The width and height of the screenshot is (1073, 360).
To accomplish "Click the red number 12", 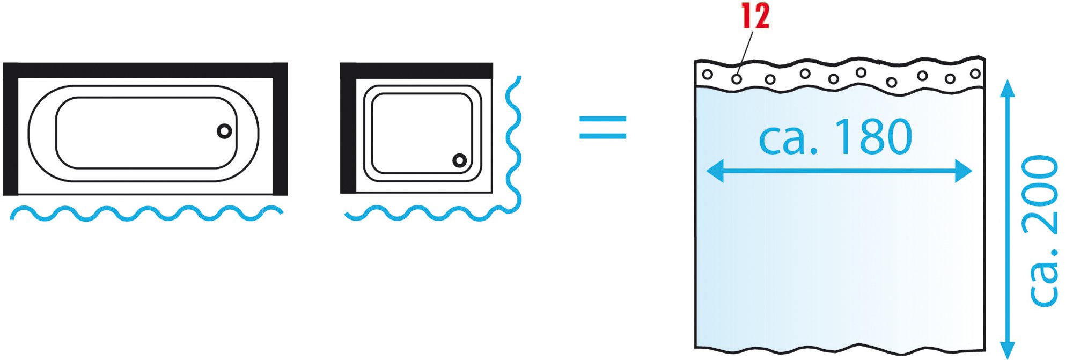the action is coord(756,16).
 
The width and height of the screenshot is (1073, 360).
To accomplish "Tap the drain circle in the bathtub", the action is coord(224,131).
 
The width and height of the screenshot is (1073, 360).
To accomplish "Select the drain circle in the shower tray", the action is coord(459,160).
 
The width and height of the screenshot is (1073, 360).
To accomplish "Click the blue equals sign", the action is coord(602,128).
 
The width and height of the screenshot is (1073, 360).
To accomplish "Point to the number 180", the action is coord(873,137).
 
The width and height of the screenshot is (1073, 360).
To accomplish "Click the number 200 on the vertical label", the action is coord(1041,195).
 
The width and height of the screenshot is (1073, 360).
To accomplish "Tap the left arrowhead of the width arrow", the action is coord(715,171).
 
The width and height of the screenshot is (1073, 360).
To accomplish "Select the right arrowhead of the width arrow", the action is coord(964,171).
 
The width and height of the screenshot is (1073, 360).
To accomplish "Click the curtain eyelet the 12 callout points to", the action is coord(737,79).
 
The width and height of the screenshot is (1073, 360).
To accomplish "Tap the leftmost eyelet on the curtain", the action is coord(708,75).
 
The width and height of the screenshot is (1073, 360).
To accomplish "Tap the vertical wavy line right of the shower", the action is coord(514,145).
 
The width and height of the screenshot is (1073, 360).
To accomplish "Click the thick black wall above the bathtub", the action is coord(145,70).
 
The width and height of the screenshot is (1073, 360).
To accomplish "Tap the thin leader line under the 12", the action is coord(745,52).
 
